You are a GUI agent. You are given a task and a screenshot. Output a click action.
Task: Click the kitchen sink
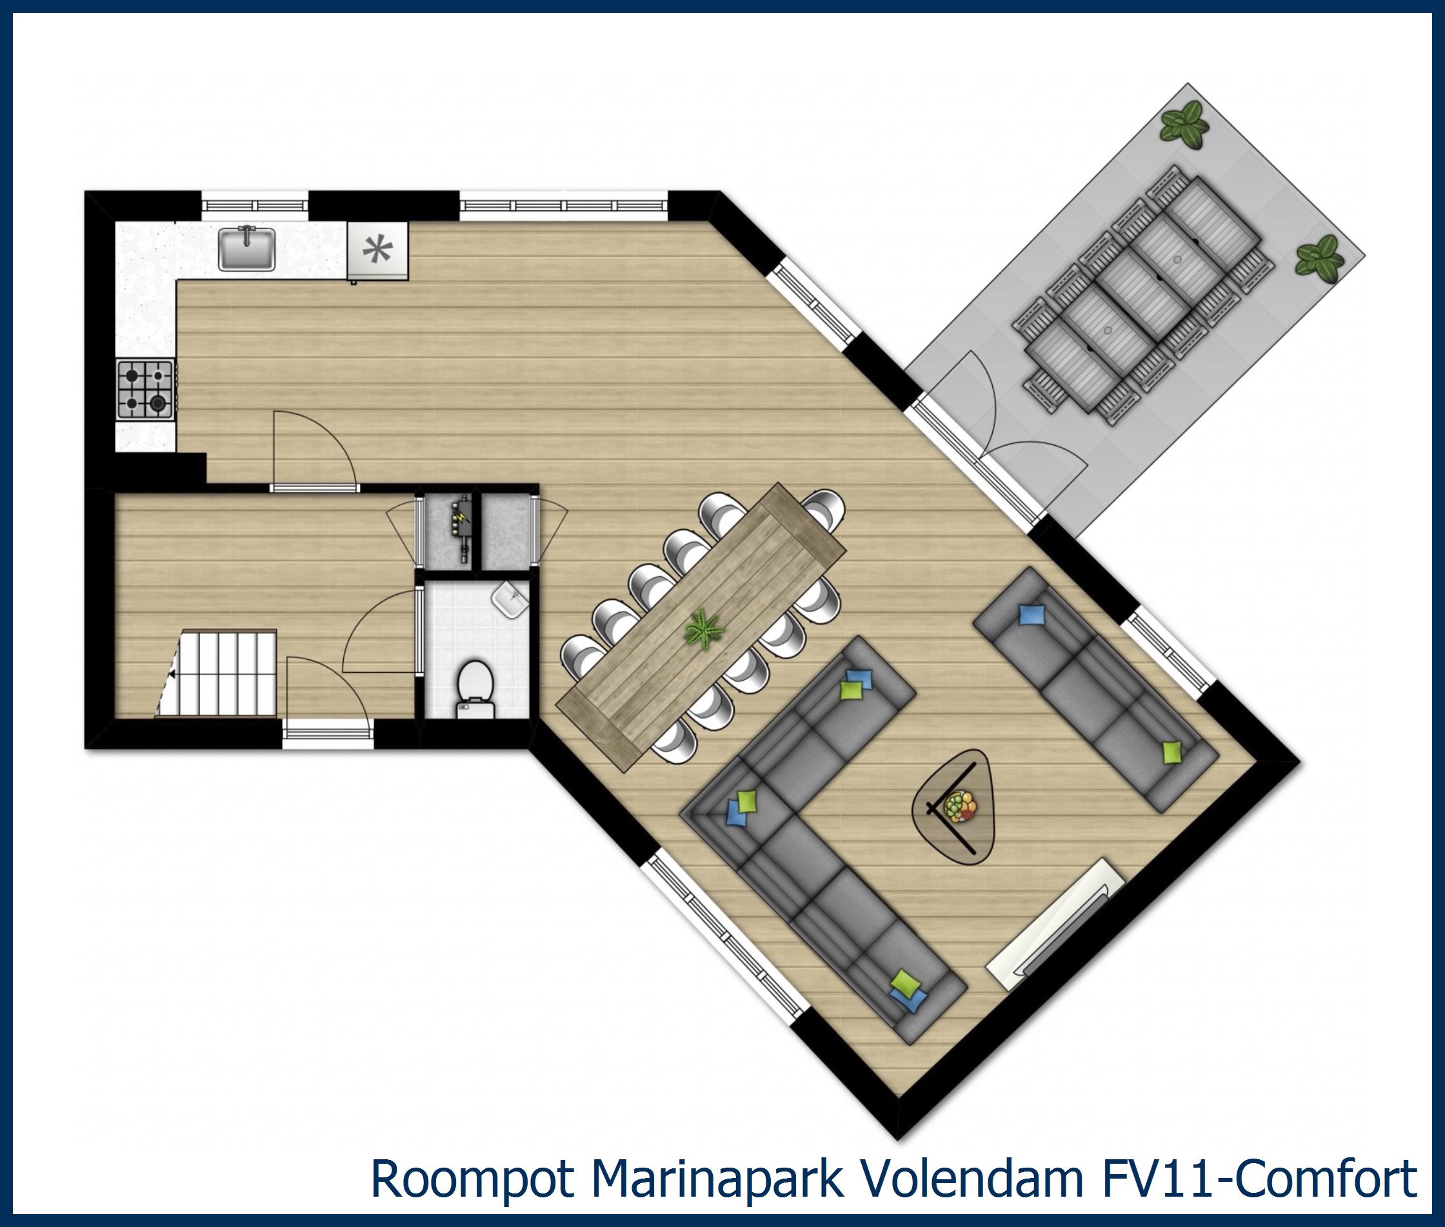point(247,249)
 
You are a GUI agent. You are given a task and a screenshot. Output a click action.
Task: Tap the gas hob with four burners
point(144,390)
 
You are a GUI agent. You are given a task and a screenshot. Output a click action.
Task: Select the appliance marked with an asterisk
point(377,250)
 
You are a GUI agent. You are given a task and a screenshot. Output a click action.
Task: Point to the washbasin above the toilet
point(510,599)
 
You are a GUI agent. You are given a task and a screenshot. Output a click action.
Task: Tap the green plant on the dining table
point(704,630)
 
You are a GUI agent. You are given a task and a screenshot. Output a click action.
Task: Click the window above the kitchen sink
point(255,205)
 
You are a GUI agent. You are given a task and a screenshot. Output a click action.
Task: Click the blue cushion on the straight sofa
point(1032,615)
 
